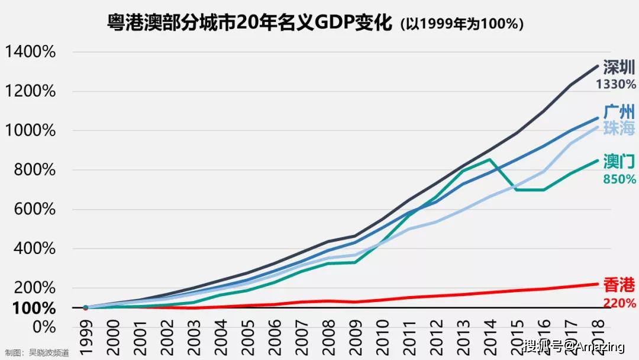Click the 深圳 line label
coord(619,67)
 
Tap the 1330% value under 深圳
coord(616,85)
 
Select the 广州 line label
coord(619,111)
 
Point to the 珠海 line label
coord(619,128)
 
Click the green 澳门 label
coord(619,162)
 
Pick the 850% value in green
coord(619,179)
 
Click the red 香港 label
coord(619,285)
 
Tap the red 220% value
coord(619,303)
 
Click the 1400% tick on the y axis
coord(30,52)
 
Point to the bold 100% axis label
coord(34,308)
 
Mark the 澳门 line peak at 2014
coord(489,159)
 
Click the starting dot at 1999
coord(85,308)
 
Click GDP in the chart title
coord(334,23)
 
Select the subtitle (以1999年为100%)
coord(462,24)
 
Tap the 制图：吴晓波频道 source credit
coord(37,353)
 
